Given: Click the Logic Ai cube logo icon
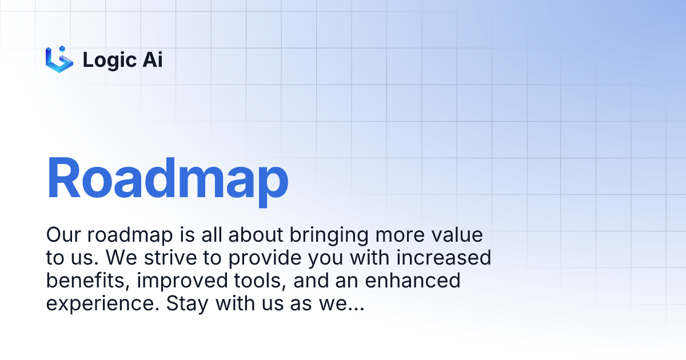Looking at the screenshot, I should pos(59,59).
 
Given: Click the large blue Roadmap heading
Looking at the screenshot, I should pos(167,179).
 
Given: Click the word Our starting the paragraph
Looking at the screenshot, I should pos(65,235).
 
